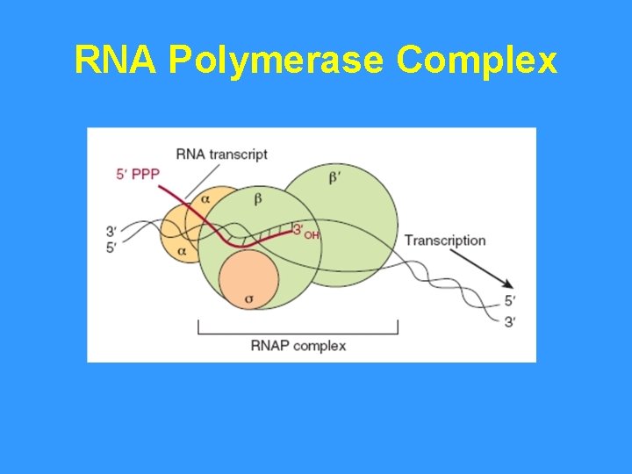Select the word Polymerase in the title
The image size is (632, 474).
pyautogui.click(x=276, y=61)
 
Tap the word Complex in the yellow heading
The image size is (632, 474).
pyautogui.click(x=476, y=61)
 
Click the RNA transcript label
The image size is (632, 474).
pyautogui.click(x=221, y=154)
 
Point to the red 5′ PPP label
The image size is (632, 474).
pyautogui.click(x=138, y=174)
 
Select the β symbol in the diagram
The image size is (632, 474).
pyautogui.click(x=257, y=199)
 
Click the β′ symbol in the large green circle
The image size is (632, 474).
pyautogui.click(x=334, y=178)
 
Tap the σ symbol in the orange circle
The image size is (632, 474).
pyautogui.click(x=249, y=299)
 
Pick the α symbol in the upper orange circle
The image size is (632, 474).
pyautogui.click(x=205, y=199)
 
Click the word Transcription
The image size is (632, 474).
pyautogui.click(x=444, y=241)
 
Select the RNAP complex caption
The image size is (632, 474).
pyautogui.click(x=298, y=345)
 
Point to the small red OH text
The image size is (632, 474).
pyautogui.click(x=312, y=235)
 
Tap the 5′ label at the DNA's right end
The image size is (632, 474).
pyautogui.click(x=511, y=302)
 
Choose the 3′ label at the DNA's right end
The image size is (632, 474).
pyautogui.click(x=511, y=321)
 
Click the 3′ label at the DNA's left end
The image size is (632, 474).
pyautogui.click(x=111, y=232)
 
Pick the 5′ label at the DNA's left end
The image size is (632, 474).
pyautogui.click(x=111, y=248)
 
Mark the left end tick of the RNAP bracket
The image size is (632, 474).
pyautogui.click(x=198, y=327)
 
